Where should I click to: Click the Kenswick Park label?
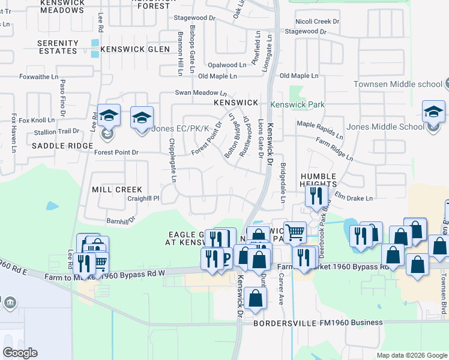[x=297, y=104]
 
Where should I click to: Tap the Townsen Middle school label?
[x=397, y=84]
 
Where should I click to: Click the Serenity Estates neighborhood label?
[x=58, y=47]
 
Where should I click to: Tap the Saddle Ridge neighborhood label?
[x=62, y=146]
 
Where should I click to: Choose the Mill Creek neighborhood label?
[x=117, y=189]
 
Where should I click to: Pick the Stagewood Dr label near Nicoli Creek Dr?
[x=306, y=31]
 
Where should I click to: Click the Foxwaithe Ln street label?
[x=38, y=77]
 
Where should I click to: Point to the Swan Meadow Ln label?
[x=200, y=93]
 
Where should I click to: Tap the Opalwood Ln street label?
[x=226, y=65]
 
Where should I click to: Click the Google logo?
[x=20, y=353]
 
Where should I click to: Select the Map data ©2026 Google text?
[x=411, y=355]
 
